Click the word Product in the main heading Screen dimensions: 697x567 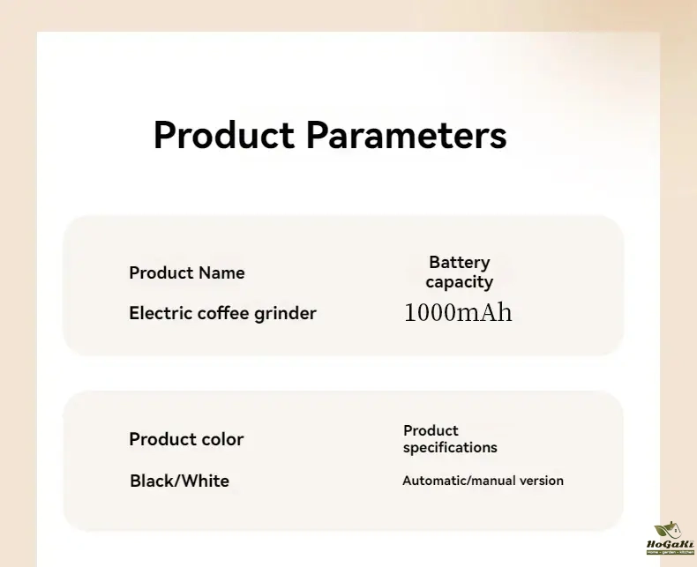pos(223,135)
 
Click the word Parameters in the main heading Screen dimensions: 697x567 pos(406,135)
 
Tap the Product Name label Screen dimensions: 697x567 pos(187,272)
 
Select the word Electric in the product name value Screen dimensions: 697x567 pos(161,313)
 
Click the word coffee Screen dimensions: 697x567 pos(223,313)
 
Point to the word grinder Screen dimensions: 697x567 pos(285,314)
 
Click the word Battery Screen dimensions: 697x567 pos(460,263)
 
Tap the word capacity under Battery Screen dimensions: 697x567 pos(459,282)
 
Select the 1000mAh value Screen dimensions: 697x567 pos(458,312)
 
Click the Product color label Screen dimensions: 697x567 pos(186,439)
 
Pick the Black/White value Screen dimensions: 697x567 pos(180,481)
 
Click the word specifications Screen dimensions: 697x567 pos(450,448)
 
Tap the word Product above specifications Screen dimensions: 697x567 pos(431,430)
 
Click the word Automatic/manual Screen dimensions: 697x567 pos(459,481)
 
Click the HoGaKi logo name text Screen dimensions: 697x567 pos(671,544)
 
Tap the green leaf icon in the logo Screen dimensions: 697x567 pos(663,530)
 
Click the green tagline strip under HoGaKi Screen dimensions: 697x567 pos(671,552)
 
